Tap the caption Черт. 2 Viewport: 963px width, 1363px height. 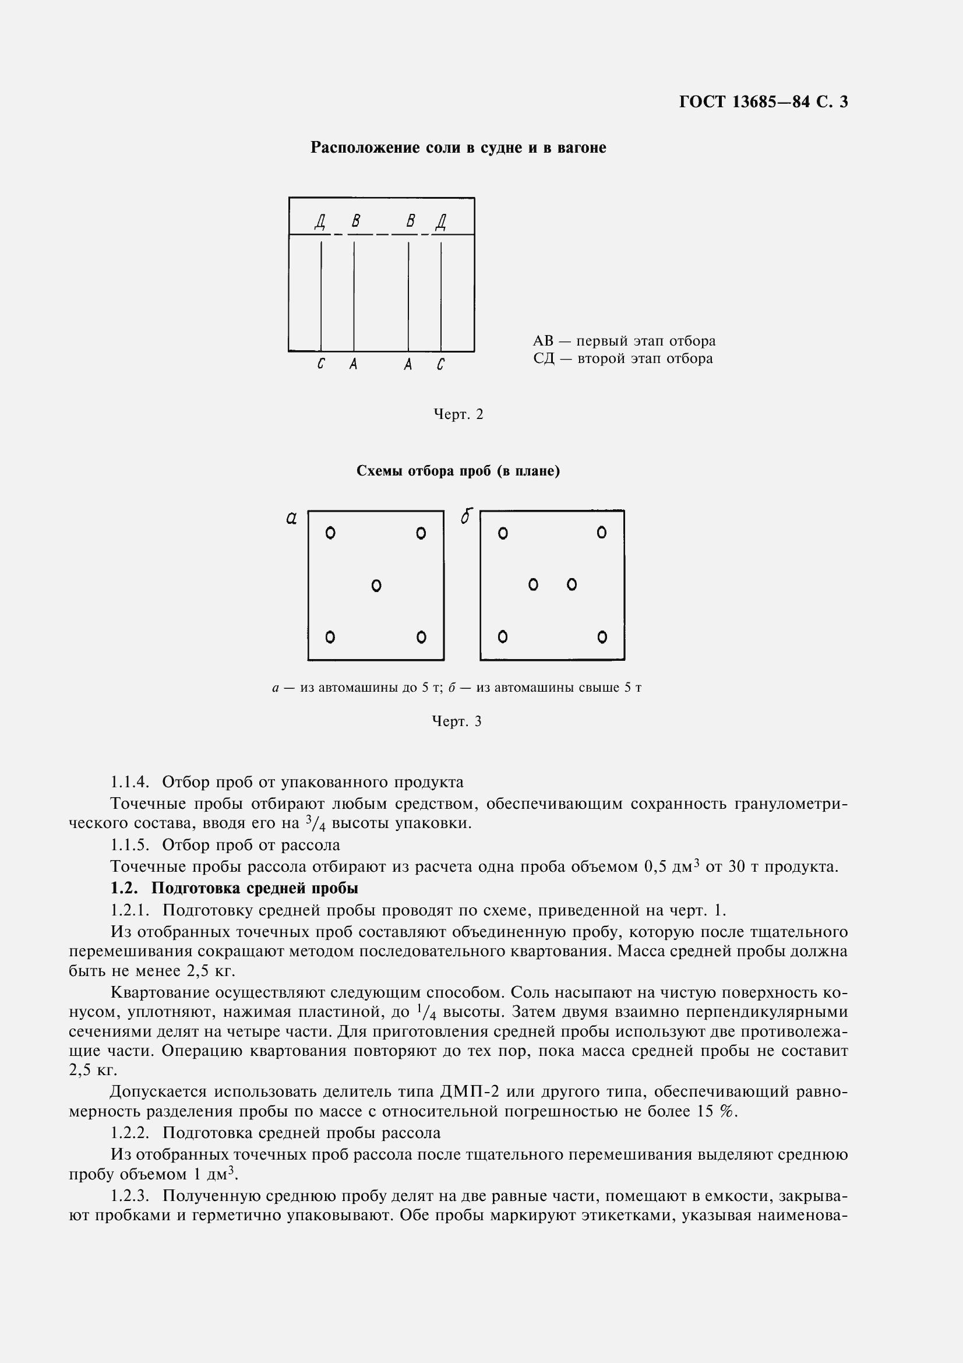pyautogui.click(x=458, y=414)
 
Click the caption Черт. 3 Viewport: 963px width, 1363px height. pyautogui.click(x=456, y=721)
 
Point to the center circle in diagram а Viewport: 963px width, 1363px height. pyautogui.click(x=376, y=586)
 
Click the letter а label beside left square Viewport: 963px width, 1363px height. pyautogui.click(x=291, y=519)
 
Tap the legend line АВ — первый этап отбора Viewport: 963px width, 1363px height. pyautogui.click(x=623, y=341)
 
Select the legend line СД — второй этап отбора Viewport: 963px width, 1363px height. pyautogui.click(x=622, y=358)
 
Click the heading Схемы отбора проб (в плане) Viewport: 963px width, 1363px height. pyautogui.click(x=458, y=471)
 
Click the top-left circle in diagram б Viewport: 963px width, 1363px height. pyautogui.click(x=503, y=533)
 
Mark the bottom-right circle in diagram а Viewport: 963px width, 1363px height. pyautogui.click(x=421, y=637)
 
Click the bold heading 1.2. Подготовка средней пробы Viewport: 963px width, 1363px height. pyautogui.click(x=234, y=905)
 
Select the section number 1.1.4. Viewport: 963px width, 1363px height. pyautogui.click(x=129, y=782)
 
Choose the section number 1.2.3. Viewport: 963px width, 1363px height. pyautogui.click(x=129, y=1196)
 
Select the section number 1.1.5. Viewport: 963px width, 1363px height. pyautogui.click(x=129, y=845)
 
